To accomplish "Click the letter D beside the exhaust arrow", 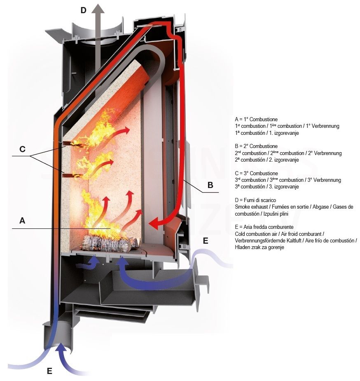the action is [x=83, y=10].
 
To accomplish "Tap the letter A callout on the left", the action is [x=22, y=221].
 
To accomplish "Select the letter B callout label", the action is [x=210, y=185].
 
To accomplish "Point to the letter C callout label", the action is [x=22, y=149].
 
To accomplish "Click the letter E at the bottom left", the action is [x=49, y=371].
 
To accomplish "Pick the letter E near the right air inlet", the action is [x=206, y=240].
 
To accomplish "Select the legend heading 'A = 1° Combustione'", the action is [x=256, y=119].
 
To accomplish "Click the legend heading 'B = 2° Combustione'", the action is [x=256, y=146].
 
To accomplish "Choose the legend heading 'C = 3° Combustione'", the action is [x=256, y=174].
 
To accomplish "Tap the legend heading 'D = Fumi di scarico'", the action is [x=255, y=200].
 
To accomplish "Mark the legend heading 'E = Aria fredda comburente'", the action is [x=264, y=227].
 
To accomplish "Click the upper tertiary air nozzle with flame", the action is [x=69, y=145].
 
